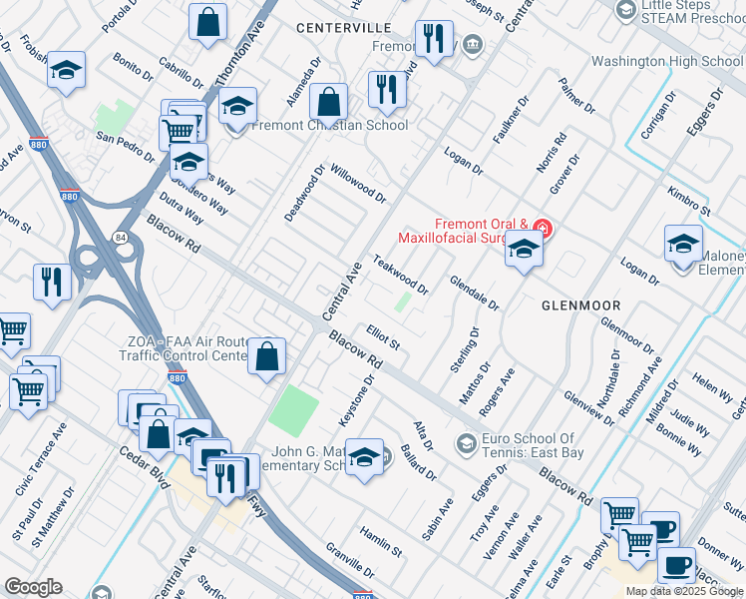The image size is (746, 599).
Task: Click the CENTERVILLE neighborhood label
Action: pos(343,28)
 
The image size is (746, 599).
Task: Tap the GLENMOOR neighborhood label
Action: pos(581,304)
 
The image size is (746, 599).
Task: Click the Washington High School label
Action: pos(666,61)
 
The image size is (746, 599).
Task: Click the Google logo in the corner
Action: pos(33,587)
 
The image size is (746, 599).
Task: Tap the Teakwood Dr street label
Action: pos(400,275)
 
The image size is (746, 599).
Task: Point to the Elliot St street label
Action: pos(383,337)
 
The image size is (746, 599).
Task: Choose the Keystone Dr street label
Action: pos(356,401)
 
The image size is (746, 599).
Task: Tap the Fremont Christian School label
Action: pos(330,125)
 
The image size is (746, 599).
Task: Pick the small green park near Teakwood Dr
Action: pos(403,301)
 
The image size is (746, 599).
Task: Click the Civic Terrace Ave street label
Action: pos(41,458)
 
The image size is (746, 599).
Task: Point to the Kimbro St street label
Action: pos(689,199)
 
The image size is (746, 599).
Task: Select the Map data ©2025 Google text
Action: pos(684,591)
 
